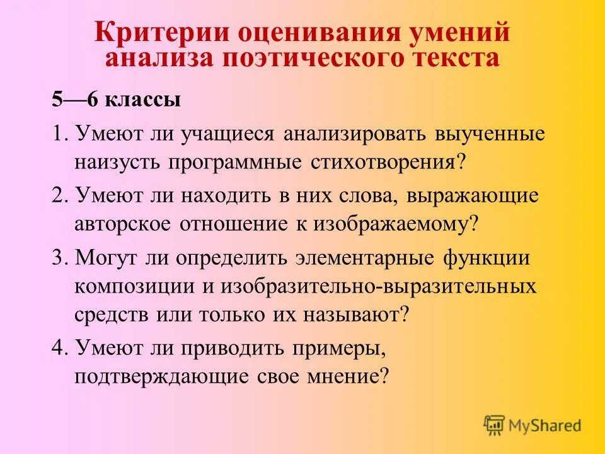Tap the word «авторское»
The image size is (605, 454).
pos(125,224)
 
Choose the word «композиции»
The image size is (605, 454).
pos(134,286)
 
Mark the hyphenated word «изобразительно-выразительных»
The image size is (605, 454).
pos(378,286)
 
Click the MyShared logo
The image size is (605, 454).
pos(533,425)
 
